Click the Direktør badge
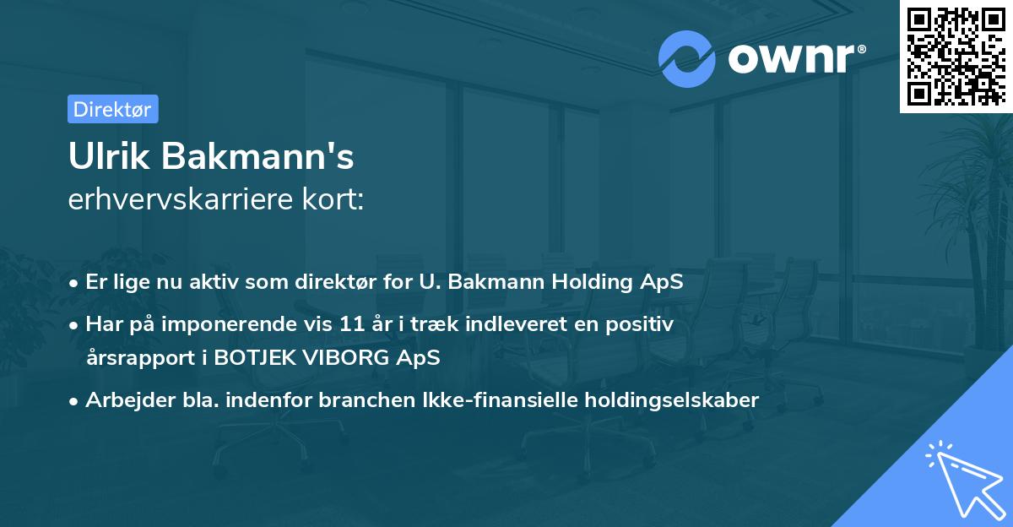pyautogui.click(x=112, y=109)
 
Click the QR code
pyautogui.click(x=956, y=56)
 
